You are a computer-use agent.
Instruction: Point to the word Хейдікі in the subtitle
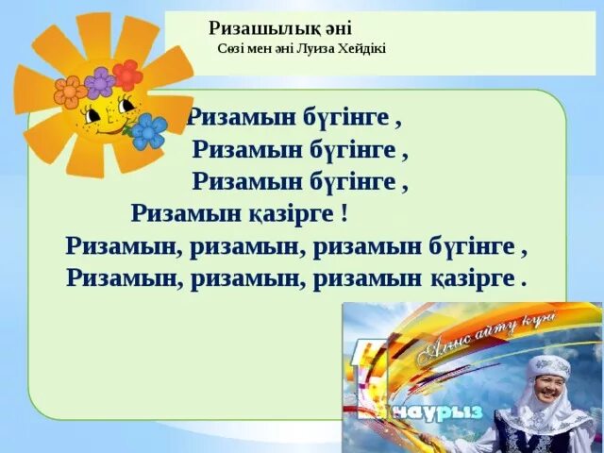pyautogui.click(x=364, y=49)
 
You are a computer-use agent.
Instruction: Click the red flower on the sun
pyautogui.click(x=126, y=75)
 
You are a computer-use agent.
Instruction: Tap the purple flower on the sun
pyautogui.click(x=98, y=83)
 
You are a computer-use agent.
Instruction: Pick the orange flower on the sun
pyautogui.click(x=69, y=92)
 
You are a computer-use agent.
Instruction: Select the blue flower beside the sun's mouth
pyautogui.click(x=147, y=131)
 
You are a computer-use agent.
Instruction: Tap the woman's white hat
pyautogui.click(x=548, y=366)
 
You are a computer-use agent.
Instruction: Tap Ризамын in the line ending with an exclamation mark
pyautogui.click(x=187, y=212)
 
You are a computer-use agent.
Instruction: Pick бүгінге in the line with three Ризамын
pyautogui.click(x=474, y=246)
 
